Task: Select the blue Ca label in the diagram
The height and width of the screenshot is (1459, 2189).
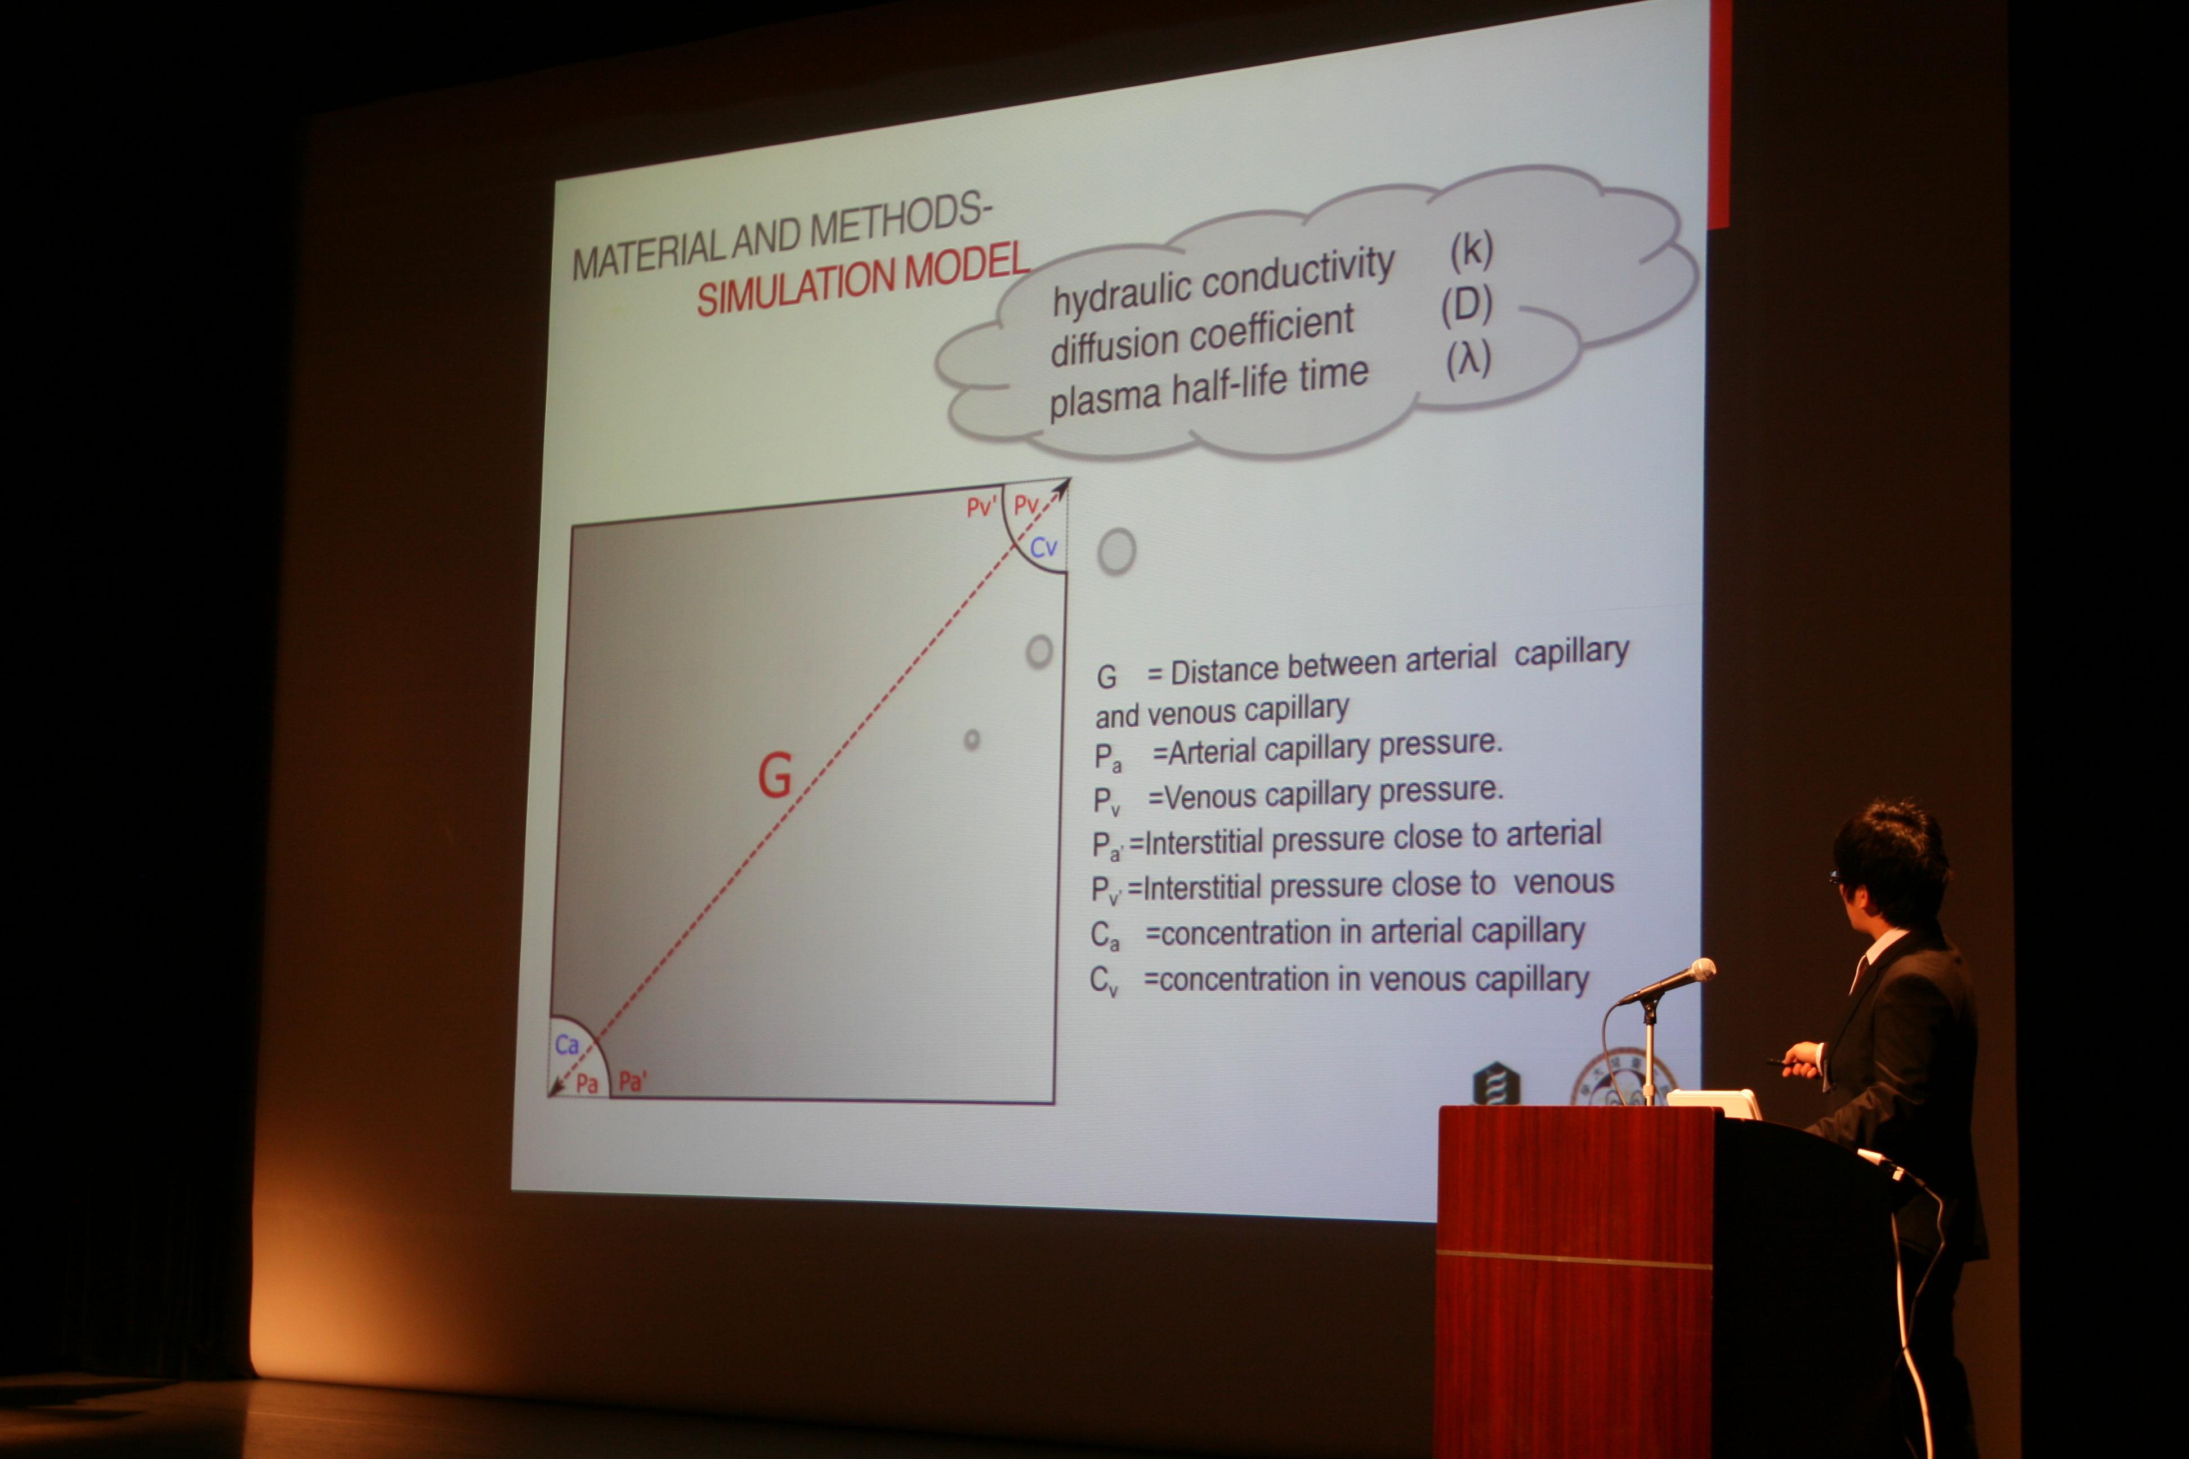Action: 567,1045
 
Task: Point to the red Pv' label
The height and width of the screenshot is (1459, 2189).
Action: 981,507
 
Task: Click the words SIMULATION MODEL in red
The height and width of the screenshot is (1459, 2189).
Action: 863,278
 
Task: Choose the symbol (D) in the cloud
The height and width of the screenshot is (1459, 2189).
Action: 1467,305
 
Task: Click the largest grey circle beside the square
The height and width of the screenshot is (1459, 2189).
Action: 1117,552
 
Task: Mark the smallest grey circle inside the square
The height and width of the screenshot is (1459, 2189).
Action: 972,740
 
